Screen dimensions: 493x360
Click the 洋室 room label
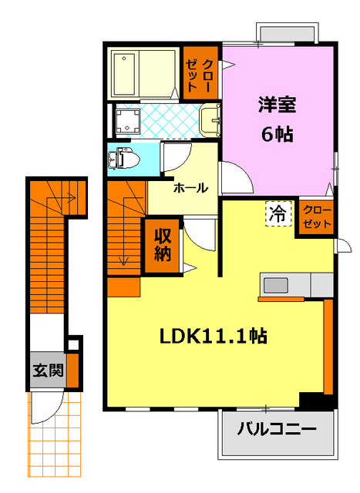277,104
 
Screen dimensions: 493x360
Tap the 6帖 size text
277,133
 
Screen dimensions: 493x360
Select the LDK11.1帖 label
213,336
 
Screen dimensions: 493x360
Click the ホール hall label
190,188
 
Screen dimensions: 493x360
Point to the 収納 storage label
162,245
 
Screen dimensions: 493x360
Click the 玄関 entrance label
46,370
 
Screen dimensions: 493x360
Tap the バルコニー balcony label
277,429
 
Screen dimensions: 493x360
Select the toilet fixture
125,159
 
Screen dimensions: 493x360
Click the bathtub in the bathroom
143,72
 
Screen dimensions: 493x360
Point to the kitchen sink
277,285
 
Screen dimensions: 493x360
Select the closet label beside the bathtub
202,72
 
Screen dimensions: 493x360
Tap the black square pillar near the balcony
313,400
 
